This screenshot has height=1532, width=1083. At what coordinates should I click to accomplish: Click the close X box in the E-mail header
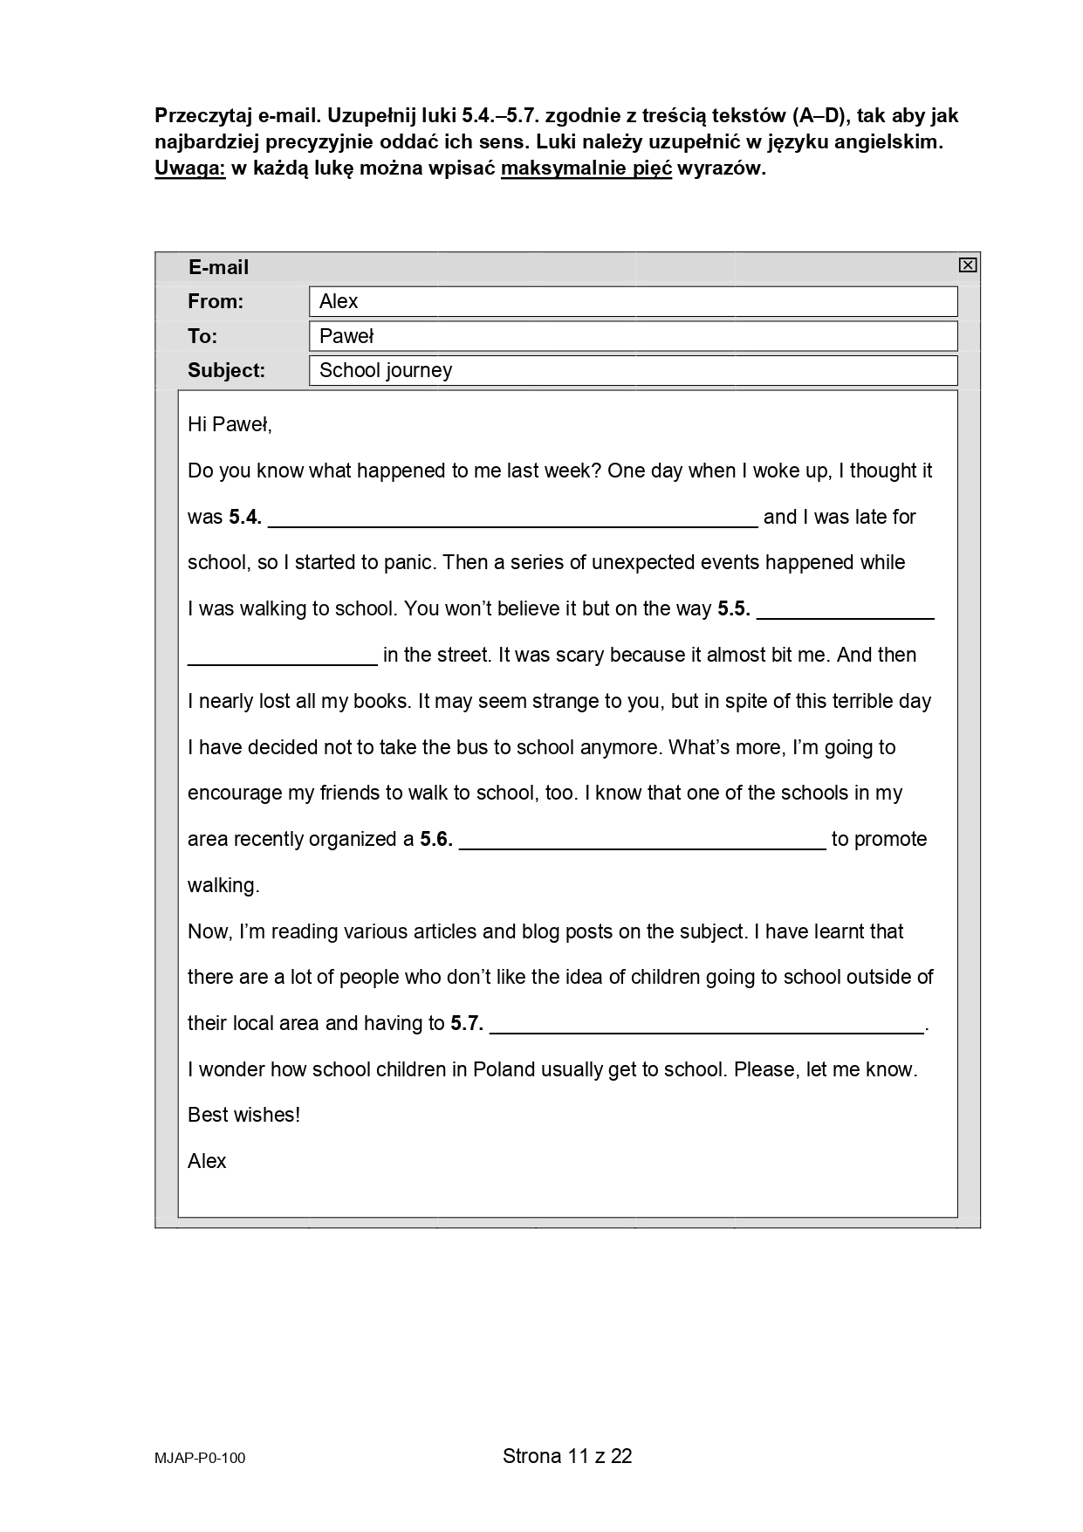point(967,265)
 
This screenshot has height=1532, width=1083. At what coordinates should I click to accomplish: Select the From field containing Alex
point(633,302)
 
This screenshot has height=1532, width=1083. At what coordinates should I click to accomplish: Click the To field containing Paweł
point(633,336)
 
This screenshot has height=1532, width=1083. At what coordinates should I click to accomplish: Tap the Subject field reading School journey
point(633,370)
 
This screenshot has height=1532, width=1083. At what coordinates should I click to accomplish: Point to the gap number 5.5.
point(734,609)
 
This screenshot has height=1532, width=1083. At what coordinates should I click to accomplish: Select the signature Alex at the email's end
point(207,1162)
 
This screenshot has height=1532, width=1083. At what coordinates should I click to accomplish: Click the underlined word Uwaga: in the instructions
point(189,169)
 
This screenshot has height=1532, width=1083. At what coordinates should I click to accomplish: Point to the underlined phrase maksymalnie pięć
point(586,169)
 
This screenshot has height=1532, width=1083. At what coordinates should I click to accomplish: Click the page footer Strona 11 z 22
point(567,1456)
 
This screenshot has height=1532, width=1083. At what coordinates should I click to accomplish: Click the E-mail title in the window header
point(218,268)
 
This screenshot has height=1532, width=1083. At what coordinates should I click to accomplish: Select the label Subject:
point(226,370)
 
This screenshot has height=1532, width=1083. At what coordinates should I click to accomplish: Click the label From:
point(216,302)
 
